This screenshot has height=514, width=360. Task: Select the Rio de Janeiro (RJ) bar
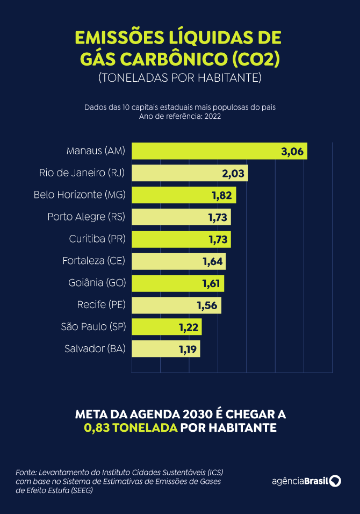pos(189,173)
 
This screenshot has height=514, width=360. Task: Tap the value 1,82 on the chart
pos(222,195)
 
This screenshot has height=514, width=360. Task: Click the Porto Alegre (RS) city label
pos(86,217)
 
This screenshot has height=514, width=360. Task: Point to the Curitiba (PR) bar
pos(181,239)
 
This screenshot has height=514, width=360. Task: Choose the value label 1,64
pos(212,261)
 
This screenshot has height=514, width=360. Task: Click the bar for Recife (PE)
pos(176,305)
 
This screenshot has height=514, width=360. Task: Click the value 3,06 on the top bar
pos(293,151)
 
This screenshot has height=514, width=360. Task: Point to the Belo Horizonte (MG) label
pos(79,195)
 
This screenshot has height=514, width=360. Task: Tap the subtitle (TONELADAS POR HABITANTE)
pos(179,78)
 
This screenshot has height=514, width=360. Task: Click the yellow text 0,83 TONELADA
pos(130,429)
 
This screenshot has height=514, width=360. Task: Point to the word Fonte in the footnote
pos(26,472)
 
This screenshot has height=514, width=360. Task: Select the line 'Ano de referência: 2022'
pos(179,116)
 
